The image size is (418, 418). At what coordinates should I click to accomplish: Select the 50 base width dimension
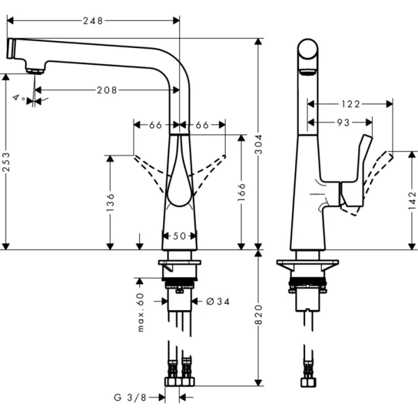tap(179, 237)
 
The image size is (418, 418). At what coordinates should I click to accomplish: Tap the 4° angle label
tap(18, 98)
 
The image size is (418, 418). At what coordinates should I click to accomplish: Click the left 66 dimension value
tap(155, 125)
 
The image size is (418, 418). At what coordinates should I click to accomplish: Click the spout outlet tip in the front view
tap(35, 69)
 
